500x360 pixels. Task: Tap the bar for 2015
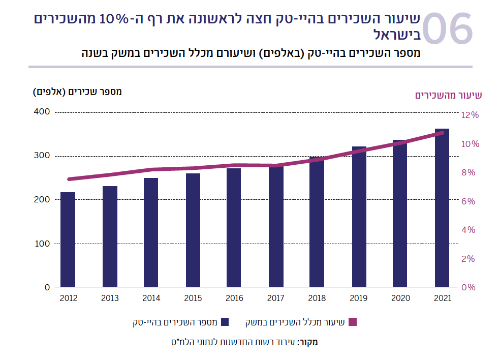tap(193, 230)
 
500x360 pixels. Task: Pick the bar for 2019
tap(359, 217)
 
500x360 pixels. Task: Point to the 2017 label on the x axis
tap(276, 298)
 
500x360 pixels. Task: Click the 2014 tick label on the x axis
tap(151, 298)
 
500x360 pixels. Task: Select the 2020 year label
tap(401, 298)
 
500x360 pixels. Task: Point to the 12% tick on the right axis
tap(470, 115)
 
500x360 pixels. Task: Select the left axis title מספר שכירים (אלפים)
tap(78, 92)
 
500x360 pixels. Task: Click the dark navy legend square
tap(224, 322)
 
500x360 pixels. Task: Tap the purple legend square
tap(354, 322)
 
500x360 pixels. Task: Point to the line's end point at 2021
tap(442, 133)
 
